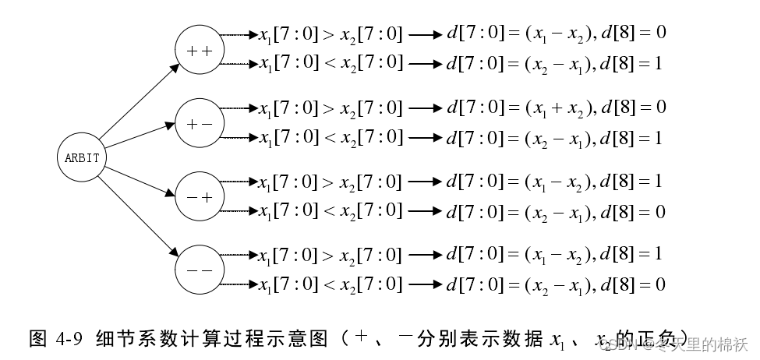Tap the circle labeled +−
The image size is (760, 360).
[x=200, y=123]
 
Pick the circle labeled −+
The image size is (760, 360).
[x=200, y=196]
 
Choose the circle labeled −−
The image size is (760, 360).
[x=200, y=269]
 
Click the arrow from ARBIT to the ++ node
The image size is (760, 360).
[x=138, y=105]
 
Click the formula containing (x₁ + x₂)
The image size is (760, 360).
[x=556, y=108]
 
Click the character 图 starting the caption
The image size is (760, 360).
[x=38, y=340]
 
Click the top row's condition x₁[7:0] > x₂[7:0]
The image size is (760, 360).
[x=331, y=34]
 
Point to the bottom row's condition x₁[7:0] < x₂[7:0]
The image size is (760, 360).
[x=331, y=285]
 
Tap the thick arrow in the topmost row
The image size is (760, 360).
[x=424, y=35]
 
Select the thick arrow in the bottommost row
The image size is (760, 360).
[x=424, y=286]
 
